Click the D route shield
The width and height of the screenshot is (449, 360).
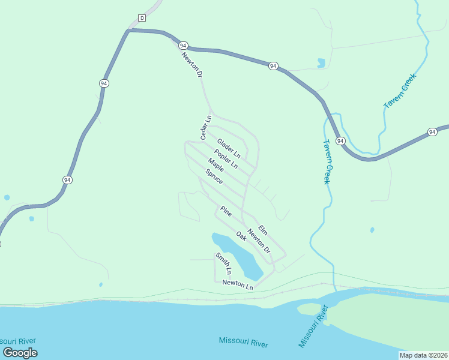coord(142,18)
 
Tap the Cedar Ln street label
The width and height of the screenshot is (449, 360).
coord(206,128)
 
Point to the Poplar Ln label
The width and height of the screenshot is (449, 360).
coord(226,158)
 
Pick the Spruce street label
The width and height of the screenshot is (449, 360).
coord(214,176)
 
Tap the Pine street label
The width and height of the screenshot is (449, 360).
coord(226,211)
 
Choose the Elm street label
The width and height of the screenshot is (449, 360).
coord(262,229)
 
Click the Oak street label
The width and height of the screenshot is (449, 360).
coord(241,236)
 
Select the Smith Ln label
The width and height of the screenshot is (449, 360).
coord(223,264)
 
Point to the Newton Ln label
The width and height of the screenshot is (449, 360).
coord(238,284)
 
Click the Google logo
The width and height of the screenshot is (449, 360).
coord(20,353)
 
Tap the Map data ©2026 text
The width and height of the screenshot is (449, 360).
coord(423,355)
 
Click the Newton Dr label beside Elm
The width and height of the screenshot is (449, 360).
coord(259,242)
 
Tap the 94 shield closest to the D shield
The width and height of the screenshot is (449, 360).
coord(184,46)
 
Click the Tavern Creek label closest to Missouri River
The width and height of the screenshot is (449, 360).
coord(326,162)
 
